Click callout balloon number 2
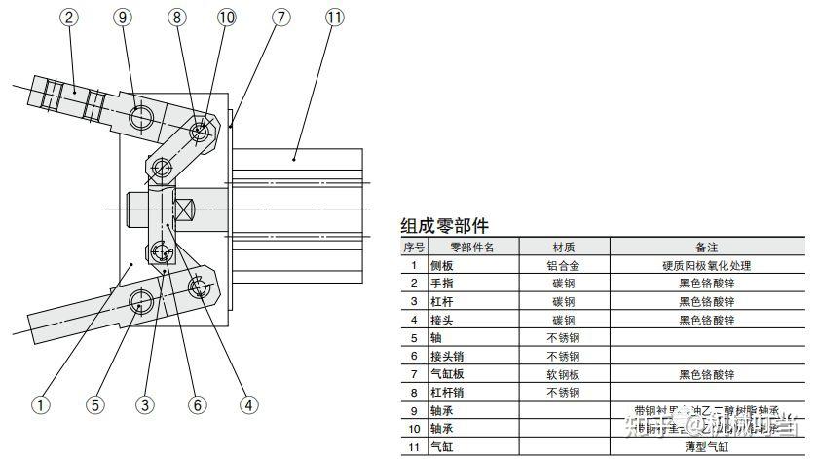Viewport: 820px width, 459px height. tap(70, 18)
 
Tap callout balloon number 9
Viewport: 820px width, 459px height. tap(122, 18)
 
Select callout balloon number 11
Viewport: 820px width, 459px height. tap(334, 18)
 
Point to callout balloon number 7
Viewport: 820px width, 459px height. tap(281, 18)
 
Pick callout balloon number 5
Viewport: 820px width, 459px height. tap(94, 404)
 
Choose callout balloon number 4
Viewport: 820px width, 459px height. tap(250, 404)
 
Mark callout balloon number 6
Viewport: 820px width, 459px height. tap(199, 404)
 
